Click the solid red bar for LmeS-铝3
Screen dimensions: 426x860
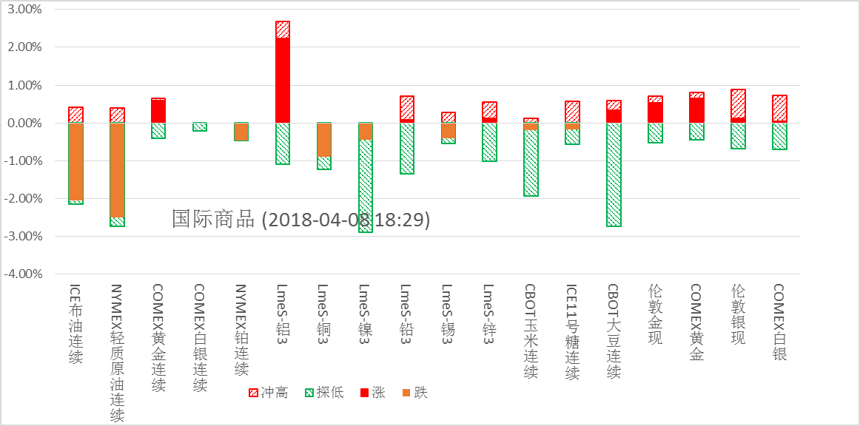coord(282,80)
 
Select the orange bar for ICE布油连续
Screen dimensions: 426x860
coord(75,161)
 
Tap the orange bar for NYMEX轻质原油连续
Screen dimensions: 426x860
coord(117,170)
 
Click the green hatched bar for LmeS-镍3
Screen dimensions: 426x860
coord(365,186)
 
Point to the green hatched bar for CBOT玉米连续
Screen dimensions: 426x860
coord(531,163)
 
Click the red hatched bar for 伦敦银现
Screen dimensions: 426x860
coord(738,104)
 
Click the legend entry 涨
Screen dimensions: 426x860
coord(372,393)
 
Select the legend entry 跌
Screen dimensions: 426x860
coord(414,393)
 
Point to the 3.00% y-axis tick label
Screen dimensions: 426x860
coord(24,10)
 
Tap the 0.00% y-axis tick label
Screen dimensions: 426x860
coord(24,123)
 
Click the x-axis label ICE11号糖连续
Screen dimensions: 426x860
coord(571,332)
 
